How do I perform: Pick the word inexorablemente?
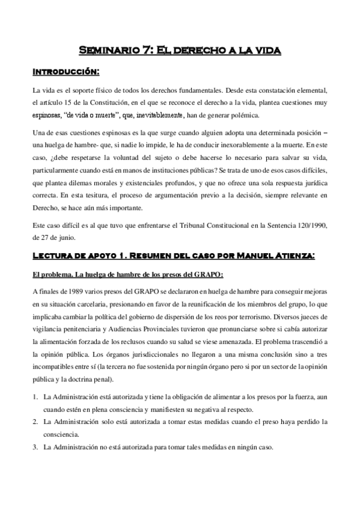(x=244, y=144)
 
